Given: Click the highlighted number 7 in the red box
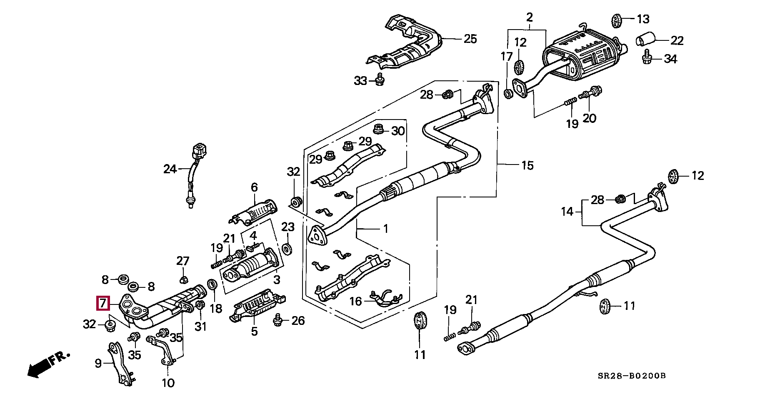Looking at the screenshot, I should point(103,303).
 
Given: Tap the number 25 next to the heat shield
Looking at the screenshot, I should point(470,39).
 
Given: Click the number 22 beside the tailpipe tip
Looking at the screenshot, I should point(677,40).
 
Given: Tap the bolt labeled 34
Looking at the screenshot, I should point(647,58).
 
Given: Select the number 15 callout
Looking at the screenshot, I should point(527,165).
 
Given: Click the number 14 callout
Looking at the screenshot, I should point(567,212).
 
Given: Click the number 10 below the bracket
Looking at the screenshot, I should point(168,382).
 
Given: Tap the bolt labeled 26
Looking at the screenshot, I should point(277,321).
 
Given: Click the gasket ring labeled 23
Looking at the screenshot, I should point(287,249).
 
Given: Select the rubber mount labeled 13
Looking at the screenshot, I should point(617,19).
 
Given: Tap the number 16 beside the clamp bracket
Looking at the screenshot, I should point(355,301).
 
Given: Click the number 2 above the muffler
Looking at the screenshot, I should point(529,18).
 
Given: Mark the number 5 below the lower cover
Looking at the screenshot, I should point(254,332).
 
